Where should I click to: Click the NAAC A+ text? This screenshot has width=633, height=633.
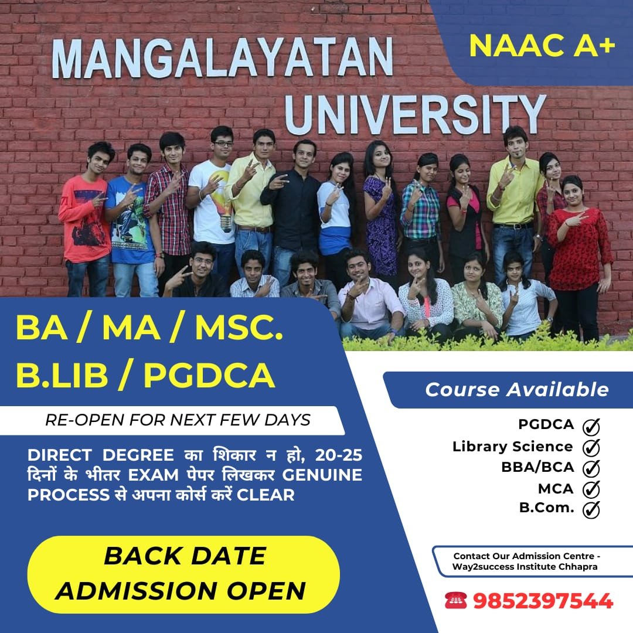pyautogui.click(x=542, y=45)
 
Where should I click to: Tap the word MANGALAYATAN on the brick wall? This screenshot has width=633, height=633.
pyautogui.click(x=223, y=57)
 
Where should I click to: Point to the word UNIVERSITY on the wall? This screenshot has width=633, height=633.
pyautogui.click(x=416, y=115)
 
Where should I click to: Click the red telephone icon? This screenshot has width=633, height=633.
pyautogui.click(x=456, y=600)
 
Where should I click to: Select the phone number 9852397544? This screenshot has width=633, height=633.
pyautogui.click(x=543, y=601)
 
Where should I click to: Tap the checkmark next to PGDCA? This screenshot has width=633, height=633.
pyautogui.click(x=591, y=426)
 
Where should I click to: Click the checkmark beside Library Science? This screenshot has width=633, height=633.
pyautogui.click(x=591, y=447)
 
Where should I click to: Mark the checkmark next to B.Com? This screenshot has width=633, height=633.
pyautogui.click(x=591, y=509)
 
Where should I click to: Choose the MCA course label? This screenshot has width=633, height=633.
pyautogui.click(x=556, y=489)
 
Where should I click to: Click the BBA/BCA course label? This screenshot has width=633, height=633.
pyautogui.click(x=537, y=467)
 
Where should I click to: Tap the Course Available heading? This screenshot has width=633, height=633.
pyautogui.click(x=517, y=390)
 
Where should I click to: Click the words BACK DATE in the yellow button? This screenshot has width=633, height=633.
pyautogui.click(x=185, y=556)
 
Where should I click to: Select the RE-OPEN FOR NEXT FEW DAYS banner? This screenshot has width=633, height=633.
pyautogui.click(x=178, y=420)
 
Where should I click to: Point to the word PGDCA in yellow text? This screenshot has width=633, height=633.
pyautogui.click(x=209, y=376)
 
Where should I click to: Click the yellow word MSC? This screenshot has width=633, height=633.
pyautogui.click(x=239, y=328)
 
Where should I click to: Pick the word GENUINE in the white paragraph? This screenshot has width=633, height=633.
pyautogui.click(x=322, y=475)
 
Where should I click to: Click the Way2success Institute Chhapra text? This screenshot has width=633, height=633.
pyautogui.click(x=525, y=566)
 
